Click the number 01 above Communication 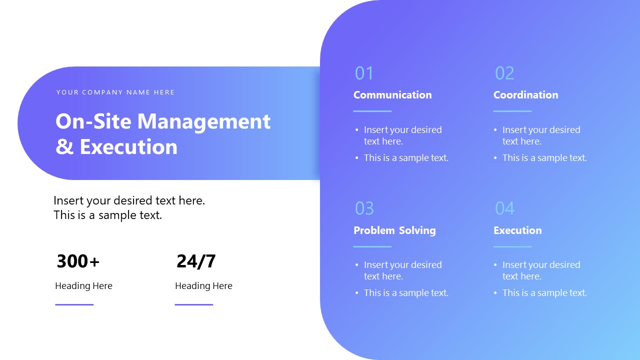pyautogui.click(x=364, y=73)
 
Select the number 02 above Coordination pyautogui.click(x=504, y=73)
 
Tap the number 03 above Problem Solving pyautogui.click(x=364, y=208)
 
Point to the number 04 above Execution pyautogui.click(x=504, y=208)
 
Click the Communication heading pyautogui.click(x=392, y=95)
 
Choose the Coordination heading pyautogui.click(x=525, y=95)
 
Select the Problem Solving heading pyautogui.click(x=394, y=230)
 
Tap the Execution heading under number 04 pyautogui.click(x=517, y=230)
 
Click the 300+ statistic pyautogui.click(x=78, y=261)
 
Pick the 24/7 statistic pyautogui.click(x=196, y=261)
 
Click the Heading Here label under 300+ pyautogui.click(x=83, y=286)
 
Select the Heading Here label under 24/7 pyautogui.click(x=203, y=286)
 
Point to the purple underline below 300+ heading pyautogui.click(x=74, y=304)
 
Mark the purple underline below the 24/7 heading pyautogui.click(x=194, y=304)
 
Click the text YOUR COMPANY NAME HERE pyautogui.click(x=115, y=92)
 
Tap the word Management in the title pyautogui.click(x=203, y=121)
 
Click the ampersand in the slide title pyautogui.click(x=64, y=147)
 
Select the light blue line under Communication pyautogui.click(x=372, y=111)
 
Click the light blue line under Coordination pyautogui.click(x=512, y=111)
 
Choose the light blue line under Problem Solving pyautogui.click(x=372, y=246)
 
